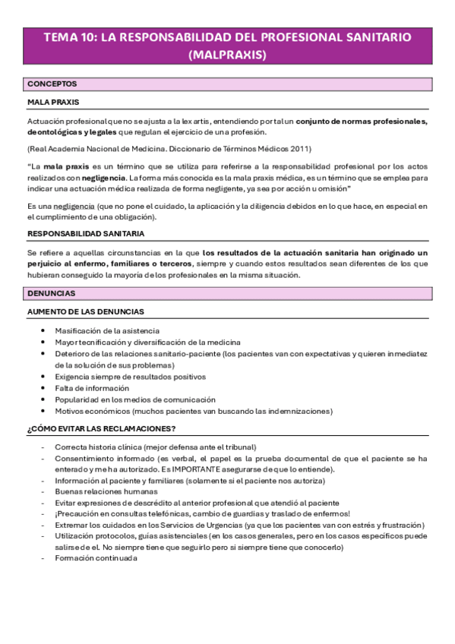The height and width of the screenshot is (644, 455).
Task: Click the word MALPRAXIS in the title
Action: click(x=227, y=55)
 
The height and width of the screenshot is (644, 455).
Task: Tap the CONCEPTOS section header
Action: click(x=51, y=84)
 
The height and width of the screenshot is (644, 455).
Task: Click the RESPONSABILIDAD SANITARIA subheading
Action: click(x=86, y=233)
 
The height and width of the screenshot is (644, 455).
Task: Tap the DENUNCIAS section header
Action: click(x=51, y=292)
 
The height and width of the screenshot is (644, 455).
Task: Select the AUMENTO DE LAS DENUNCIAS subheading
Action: click(x=86, y=311)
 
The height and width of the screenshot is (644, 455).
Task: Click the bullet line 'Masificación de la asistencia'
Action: click(x=107, y=330)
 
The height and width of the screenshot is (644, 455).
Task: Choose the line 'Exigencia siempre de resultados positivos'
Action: click(x=130, y=376)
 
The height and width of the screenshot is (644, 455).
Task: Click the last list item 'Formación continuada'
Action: click(x=96, y=557)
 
